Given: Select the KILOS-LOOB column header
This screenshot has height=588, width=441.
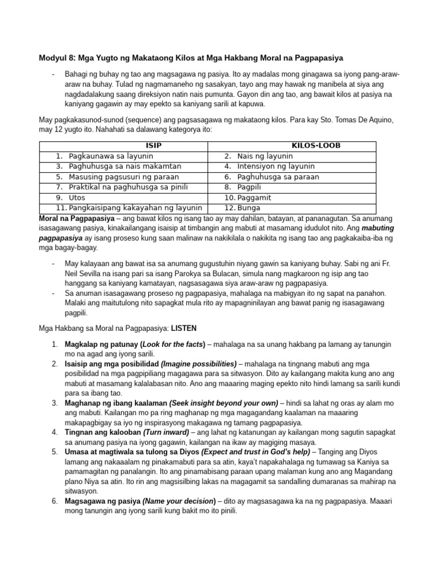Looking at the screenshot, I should (316, 146).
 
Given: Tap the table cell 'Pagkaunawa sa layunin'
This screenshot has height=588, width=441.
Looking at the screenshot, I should (110, 156).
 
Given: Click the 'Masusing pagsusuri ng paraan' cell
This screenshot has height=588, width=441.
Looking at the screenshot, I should (123, 177).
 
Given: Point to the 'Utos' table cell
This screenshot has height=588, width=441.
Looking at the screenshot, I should (77, 198).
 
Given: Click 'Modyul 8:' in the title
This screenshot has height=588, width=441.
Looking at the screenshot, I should (57, 58).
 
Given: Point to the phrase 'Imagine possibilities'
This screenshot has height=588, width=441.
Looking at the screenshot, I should (199, 364).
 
